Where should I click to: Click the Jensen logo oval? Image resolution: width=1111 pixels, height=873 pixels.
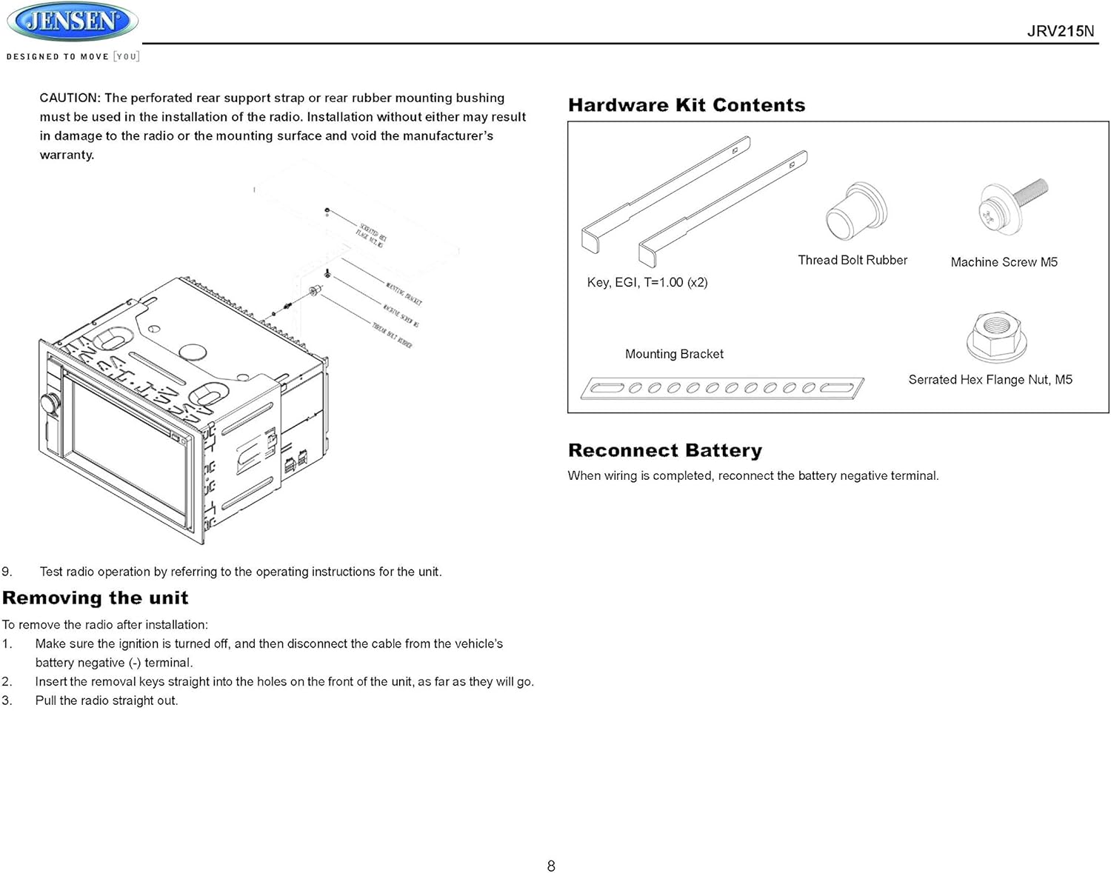[x=72, y=21]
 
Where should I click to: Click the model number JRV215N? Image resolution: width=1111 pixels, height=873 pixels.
[x=1060, y=31]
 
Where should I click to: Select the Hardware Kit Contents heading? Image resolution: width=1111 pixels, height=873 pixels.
[x=686, y=105]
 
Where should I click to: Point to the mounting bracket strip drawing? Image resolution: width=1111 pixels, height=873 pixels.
[x=721, y=388]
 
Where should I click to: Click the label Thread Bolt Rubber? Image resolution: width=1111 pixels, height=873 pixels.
[x=852, y=260]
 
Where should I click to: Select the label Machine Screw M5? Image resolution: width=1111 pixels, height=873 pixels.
[x=1004, y=262]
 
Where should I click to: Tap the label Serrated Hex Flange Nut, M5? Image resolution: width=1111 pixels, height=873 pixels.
[x=990, y=380]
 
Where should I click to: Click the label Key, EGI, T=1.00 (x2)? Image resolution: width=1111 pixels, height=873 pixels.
[x=647, y=282]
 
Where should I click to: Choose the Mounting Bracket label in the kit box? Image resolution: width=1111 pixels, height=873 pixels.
[x=674, y=354]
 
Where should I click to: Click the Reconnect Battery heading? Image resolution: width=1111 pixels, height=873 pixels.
[x=664, y=450]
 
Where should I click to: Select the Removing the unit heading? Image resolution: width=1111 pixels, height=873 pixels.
[x=95, y=598]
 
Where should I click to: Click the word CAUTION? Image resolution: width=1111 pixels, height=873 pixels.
[x=69, y=98]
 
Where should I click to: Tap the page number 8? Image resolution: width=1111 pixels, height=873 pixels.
[x=551, y=866]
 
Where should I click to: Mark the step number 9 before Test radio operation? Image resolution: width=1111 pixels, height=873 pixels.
[x=7, y=572]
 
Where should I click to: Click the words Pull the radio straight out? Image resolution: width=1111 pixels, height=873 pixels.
[x=107, y=700]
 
